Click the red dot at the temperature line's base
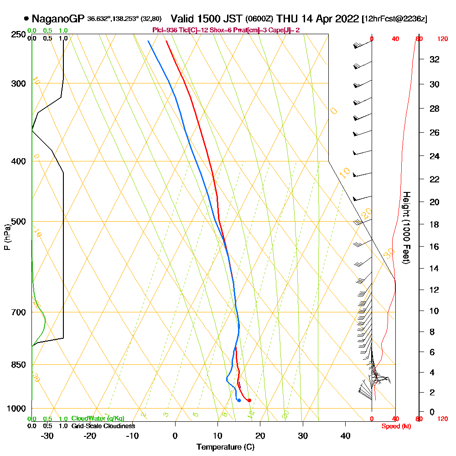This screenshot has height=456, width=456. pos(249,400)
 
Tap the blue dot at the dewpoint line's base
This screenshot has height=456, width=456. pos(239,400)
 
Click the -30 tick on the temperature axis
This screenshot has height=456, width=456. pos(47,435)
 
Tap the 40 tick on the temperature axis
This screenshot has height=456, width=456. pos(345,435)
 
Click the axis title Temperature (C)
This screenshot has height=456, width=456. pos(225,447)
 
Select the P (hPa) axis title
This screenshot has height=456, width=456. pos(7,237)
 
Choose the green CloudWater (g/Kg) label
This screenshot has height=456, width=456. pos(98,419)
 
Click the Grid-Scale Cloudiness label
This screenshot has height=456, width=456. pos(103,426)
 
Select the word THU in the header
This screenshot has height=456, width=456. pos(287,19)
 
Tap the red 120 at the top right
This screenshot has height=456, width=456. pos(442,39)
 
